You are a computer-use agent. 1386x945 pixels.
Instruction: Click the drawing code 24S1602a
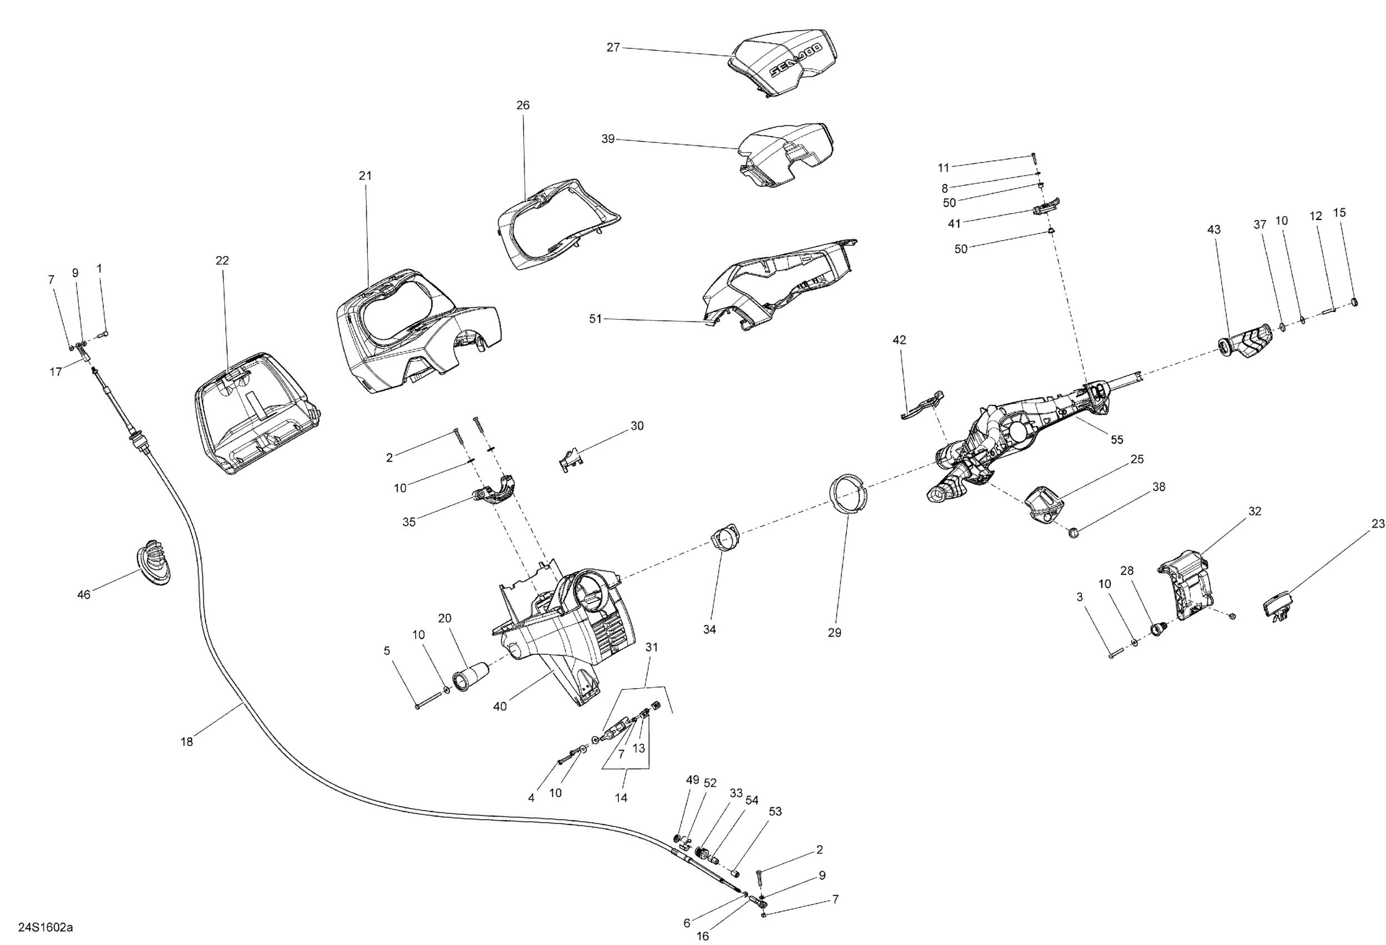pyautogui.click(x=46, y=928)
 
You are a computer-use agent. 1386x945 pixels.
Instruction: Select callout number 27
pyautogui.click(x=613, y=47)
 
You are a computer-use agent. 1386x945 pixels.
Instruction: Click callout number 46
pyautogui.click(x=84, y=595)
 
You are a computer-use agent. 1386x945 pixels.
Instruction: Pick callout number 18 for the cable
pyautogui.click(x=187, y=742)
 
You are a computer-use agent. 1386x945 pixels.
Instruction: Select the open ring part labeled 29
pyautogui.click(x=848, y=493)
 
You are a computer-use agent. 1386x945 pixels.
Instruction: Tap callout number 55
pyautogui.click(x=1116, y=440)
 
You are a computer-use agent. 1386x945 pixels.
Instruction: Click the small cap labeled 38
pyautogui.click(x=1073, y=531)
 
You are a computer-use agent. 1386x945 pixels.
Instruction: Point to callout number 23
pyautogui.click(x=1378, y=524)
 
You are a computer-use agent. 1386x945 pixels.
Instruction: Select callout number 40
pyautogui.click(x=500, y=707)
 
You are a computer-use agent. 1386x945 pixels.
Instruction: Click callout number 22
pyautogui.click(x=222, y=261)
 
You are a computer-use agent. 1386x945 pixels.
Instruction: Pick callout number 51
pyautogui.click(x=595, y=319)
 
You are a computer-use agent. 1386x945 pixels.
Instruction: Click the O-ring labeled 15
pyautogui.click(x=1354, y=302)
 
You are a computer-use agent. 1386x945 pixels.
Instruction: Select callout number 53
pyautogui.click(x=775, y=812)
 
